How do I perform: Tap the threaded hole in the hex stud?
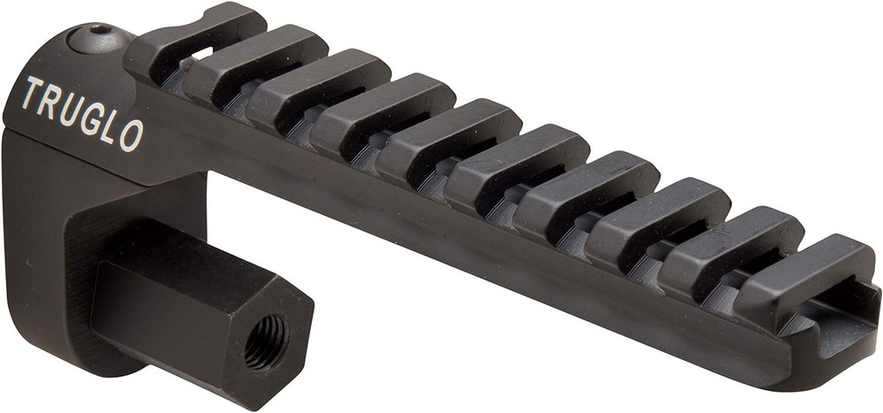click(x=265, y=339)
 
